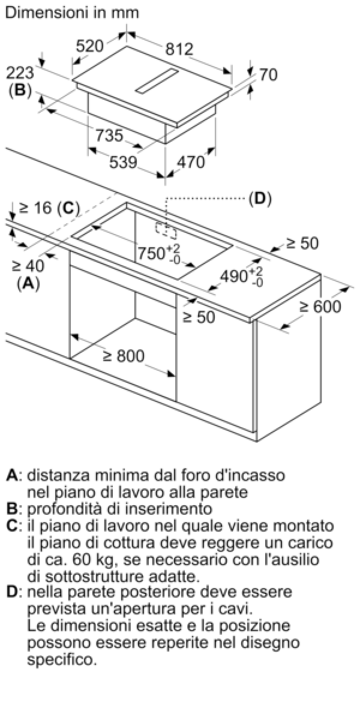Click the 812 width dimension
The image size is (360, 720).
click(179, 49)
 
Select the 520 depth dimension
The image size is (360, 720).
click(89, 46)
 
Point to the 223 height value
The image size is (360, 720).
click(20, 73)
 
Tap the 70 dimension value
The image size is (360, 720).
click(268, 74)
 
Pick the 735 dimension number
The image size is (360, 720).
click(110, 136)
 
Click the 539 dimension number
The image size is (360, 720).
click(124, 162)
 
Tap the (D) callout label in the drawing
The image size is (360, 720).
click(260, 199)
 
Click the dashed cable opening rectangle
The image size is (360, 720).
click(166, 230)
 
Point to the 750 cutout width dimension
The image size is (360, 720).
click(160, 253)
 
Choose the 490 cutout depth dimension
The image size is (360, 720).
click(241, 276)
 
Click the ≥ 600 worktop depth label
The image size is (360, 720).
click(320, 307)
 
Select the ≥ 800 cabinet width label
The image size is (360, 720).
click(124, 356)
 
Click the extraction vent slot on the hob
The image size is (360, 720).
click(157, 82)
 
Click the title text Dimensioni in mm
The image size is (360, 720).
click(72, 13)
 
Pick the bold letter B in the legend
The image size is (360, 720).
click(11, 509)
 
